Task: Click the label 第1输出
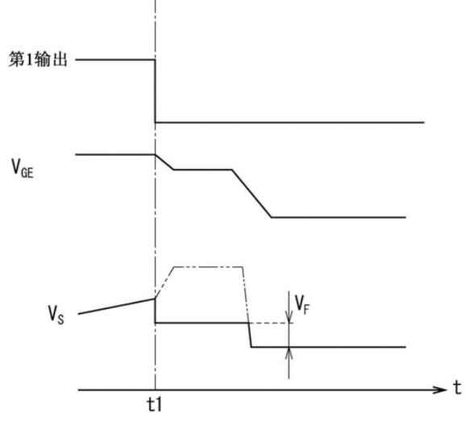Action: (38, 59)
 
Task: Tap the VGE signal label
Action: (23, 169)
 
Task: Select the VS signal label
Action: (56, 315)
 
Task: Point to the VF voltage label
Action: (302, 305)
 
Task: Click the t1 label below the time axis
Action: (155, 404)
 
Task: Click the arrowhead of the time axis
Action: (441, 390)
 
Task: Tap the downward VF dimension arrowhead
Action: (289, 317)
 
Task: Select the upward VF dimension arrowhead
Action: (289, 353)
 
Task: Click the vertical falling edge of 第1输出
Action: (155, 91)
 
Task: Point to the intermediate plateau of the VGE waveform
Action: (203, 169)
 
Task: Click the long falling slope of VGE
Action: (252, 194)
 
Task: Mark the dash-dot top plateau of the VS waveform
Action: (208, 267)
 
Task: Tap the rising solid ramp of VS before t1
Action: (117, 306)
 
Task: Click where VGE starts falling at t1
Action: (156, 154)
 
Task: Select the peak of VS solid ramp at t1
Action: (155, 298)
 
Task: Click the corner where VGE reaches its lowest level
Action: (271, 217)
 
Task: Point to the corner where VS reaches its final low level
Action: (252, 347)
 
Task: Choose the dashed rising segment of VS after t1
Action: (164, 282)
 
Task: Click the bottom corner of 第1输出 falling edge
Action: (155, 123)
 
